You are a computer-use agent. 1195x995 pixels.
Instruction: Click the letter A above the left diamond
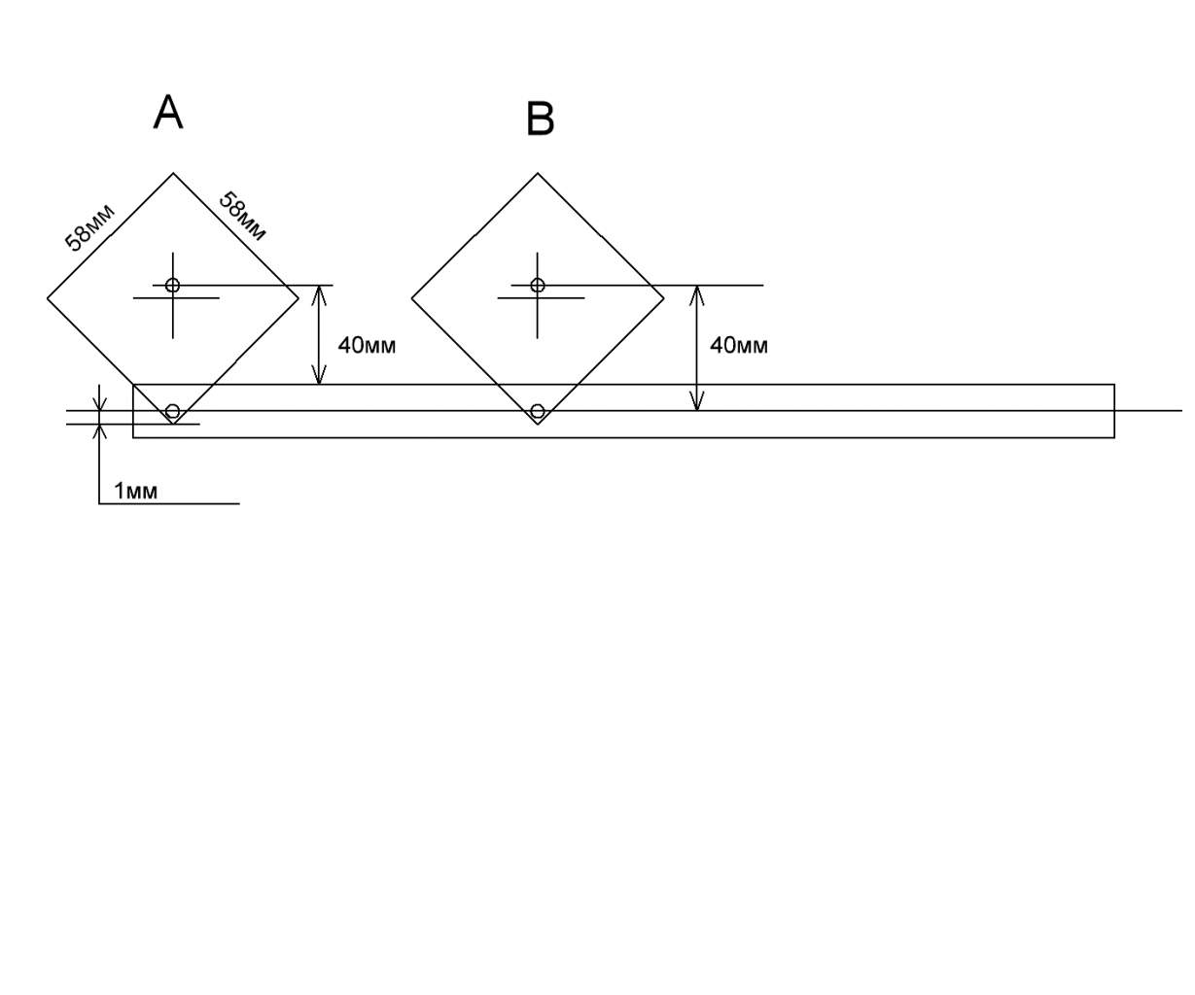click(x=168, y=113)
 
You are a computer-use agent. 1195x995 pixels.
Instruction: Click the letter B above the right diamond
click(x=540, y=119)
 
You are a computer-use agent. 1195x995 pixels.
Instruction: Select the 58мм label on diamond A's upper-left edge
click(x=89, y=227)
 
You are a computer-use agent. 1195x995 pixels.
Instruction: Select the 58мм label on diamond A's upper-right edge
click(x=242, y=216)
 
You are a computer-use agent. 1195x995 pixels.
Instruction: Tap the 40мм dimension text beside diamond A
click(x=367, y=345)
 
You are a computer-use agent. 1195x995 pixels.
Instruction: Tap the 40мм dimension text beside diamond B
click(x=739, y=345)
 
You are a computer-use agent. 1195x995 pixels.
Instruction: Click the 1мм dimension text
click(x=135, y=491)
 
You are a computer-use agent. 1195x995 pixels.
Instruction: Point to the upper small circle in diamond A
click(x=173, y=285)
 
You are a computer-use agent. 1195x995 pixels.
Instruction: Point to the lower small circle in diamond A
click(x=173, y=411)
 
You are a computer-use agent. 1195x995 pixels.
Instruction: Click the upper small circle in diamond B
click(x=538, y=285)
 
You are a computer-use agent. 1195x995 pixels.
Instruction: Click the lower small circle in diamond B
click(x=538, y=411)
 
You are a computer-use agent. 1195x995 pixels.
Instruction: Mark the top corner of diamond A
click(x=173, y=173)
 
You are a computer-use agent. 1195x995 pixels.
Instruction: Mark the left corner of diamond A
click(x=48, y=298)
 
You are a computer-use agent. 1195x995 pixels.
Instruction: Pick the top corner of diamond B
click(x=538, y=173)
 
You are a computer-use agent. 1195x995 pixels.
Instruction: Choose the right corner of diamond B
click(x=664, y=298)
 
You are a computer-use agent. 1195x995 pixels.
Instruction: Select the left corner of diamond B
click(x=412, y=298)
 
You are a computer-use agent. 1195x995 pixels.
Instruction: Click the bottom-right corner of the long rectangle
click(x=1114, y=437)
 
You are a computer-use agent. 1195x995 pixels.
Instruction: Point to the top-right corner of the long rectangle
click(x=1114, y=385)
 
